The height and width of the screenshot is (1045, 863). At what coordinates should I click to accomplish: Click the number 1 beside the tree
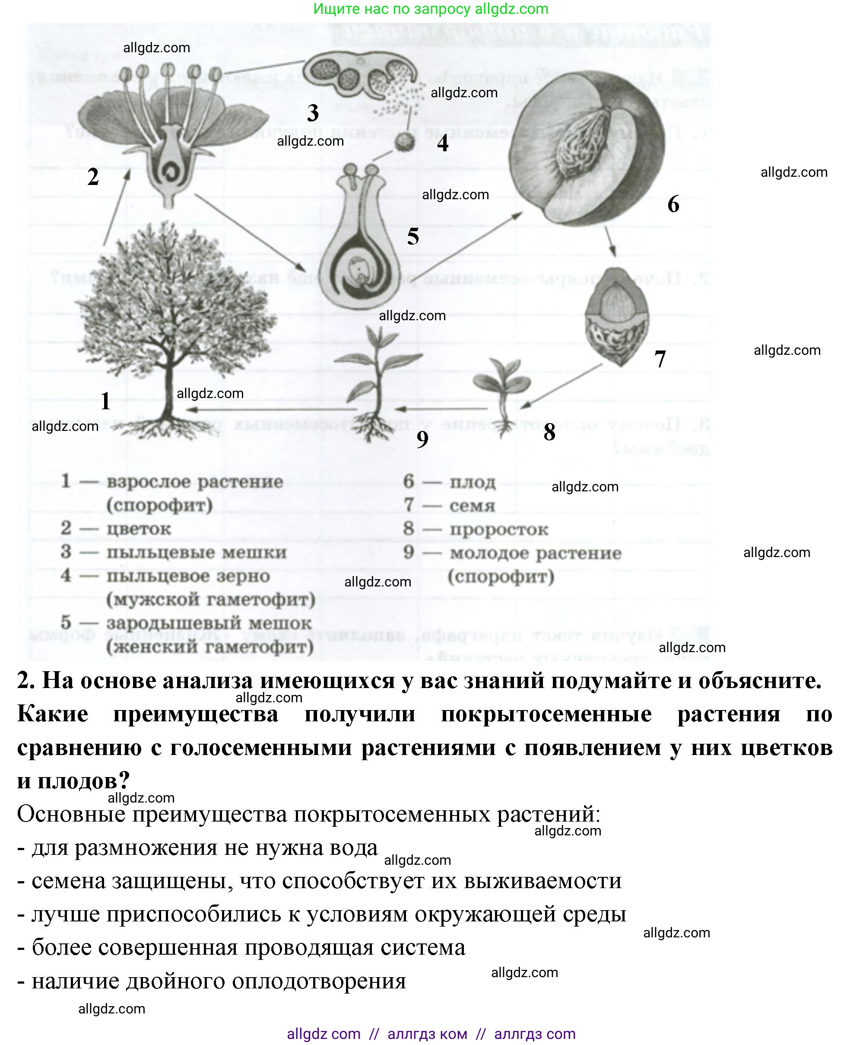[105, 401]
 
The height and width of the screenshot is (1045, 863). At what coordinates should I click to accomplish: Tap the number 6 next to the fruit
[673, 204]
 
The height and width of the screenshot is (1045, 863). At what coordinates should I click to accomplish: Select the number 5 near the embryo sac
[413, 236]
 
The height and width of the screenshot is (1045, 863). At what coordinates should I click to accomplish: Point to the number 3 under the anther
[313, 113]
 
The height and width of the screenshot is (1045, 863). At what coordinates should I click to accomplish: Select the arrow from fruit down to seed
[610, 242]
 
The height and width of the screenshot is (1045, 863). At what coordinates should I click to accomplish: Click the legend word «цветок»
[139, 529]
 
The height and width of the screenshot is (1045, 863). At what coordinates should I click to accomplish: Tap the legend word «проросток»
[498, 529]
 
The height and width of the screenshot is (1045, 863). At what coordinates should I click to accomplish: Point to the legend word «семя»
[472, 506]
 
